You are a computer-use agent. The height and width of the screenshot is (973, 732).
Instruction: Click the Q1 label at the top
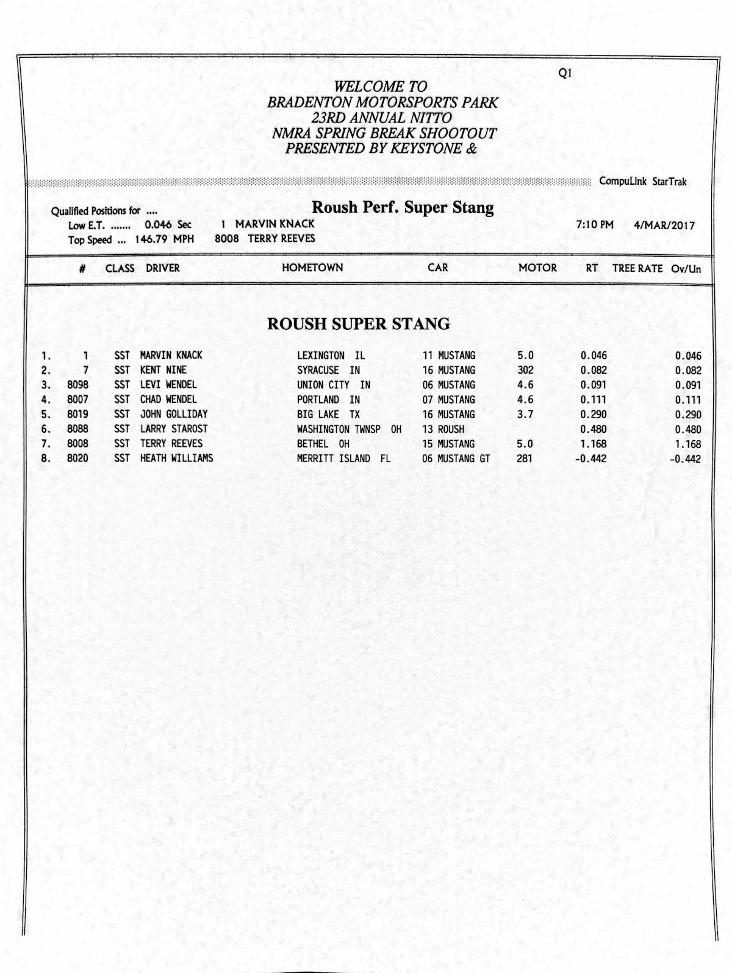[565, 73]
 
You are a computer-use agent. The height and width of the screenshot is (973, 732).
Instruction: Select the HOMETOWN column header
[312, 268]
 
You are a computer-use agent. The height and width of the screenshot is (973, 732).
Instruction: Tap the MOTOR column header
[537, 268]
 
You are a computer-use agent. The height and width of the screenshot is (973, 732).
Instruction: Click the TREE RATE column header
[637, 268]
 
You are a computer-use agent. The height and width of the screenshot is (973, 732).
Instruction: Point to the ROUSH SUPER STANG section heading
[359, 324]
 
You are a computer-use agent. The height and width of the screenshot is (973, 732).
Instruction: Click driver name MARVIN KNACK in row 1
[171, 355]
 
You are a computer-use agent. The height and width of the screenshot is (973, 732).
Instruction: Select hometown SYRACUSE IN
[328, 370]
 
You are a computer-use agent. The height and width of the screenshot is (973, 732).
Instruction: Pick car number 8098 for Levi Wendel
[77, 385]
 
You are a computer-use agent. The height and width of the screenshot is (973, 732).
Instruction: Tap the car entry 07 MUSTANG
[448, 400]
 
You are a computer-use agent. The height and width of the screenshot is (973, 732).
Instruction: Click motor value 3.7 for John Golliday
[525, 415]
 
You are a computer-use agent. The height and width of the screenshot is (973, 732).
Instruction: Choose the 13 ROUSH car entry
[443, 429]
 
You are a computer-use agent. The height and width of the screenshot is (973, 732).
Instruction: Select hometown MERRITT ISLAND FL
[343, 458]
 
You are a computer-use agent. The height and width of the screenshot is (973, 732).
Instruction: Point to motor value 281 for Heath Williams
[525, 458]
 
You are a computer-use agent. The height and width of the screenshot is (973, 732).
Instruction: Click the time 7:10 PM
[595, 225]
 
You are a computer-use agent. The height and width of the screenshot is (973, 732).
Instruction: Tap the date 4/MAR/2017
[664, 225]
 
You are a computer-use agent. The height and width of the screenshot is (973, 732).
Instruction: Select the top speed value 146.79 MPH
[164, 240]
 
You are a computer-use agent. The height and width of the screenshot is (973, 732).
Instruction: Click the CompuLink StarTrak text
[643, 182]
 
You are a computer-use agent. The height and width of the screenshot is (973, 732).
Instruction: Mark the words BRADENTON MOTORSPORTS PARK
[382, 102]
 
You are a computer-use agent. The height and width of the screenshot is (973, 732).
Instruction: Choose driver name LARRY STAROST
[174, 429]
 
